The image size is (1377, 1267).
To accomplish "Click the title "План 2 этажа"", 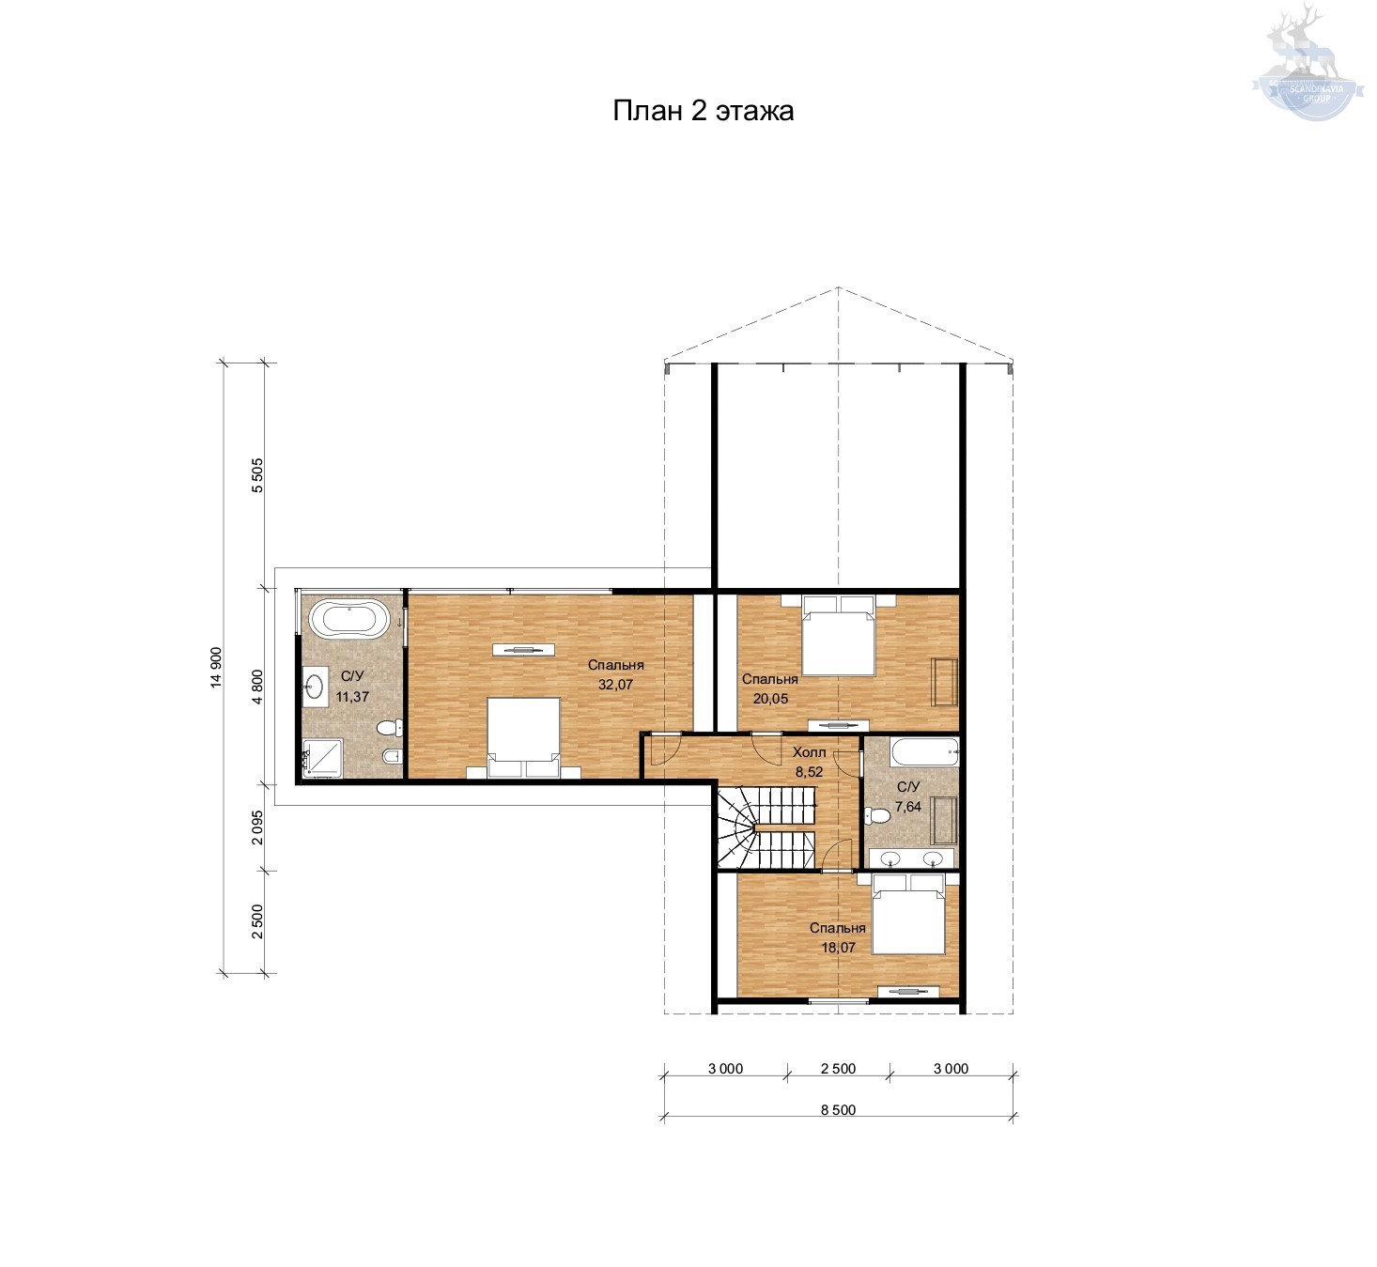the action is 703,111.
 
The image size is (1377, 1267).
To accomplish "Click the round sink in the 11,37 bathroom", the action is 315,686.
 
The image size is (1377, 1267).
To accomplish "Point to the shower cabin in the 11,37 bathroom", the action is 322,759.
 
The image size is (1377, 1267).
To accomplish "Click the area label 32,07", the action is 615,685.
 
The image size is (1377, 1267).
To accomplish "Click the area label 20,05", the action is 770,699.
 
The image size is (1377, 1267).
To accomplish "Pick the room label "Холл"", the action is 810,752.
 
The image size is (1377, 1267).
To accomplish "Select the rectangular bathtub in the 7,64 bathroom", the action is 924,752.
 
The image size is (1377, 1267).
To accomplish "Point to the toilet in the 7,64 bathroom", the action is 878,816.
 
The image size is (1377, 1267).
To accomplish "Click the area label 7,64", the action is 908,807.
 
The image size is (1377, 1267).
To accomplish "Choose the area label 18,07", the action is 839,948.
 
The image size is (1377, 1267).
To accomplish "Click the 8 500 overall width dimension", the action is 839,1110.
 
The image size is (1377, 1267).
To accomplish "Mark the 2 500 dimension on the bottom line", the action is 839,1069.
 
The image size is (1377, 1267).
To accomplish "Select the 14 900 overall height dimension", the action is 216,667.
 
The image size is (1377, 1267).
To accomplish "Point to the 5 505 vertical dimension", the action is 257,475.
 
